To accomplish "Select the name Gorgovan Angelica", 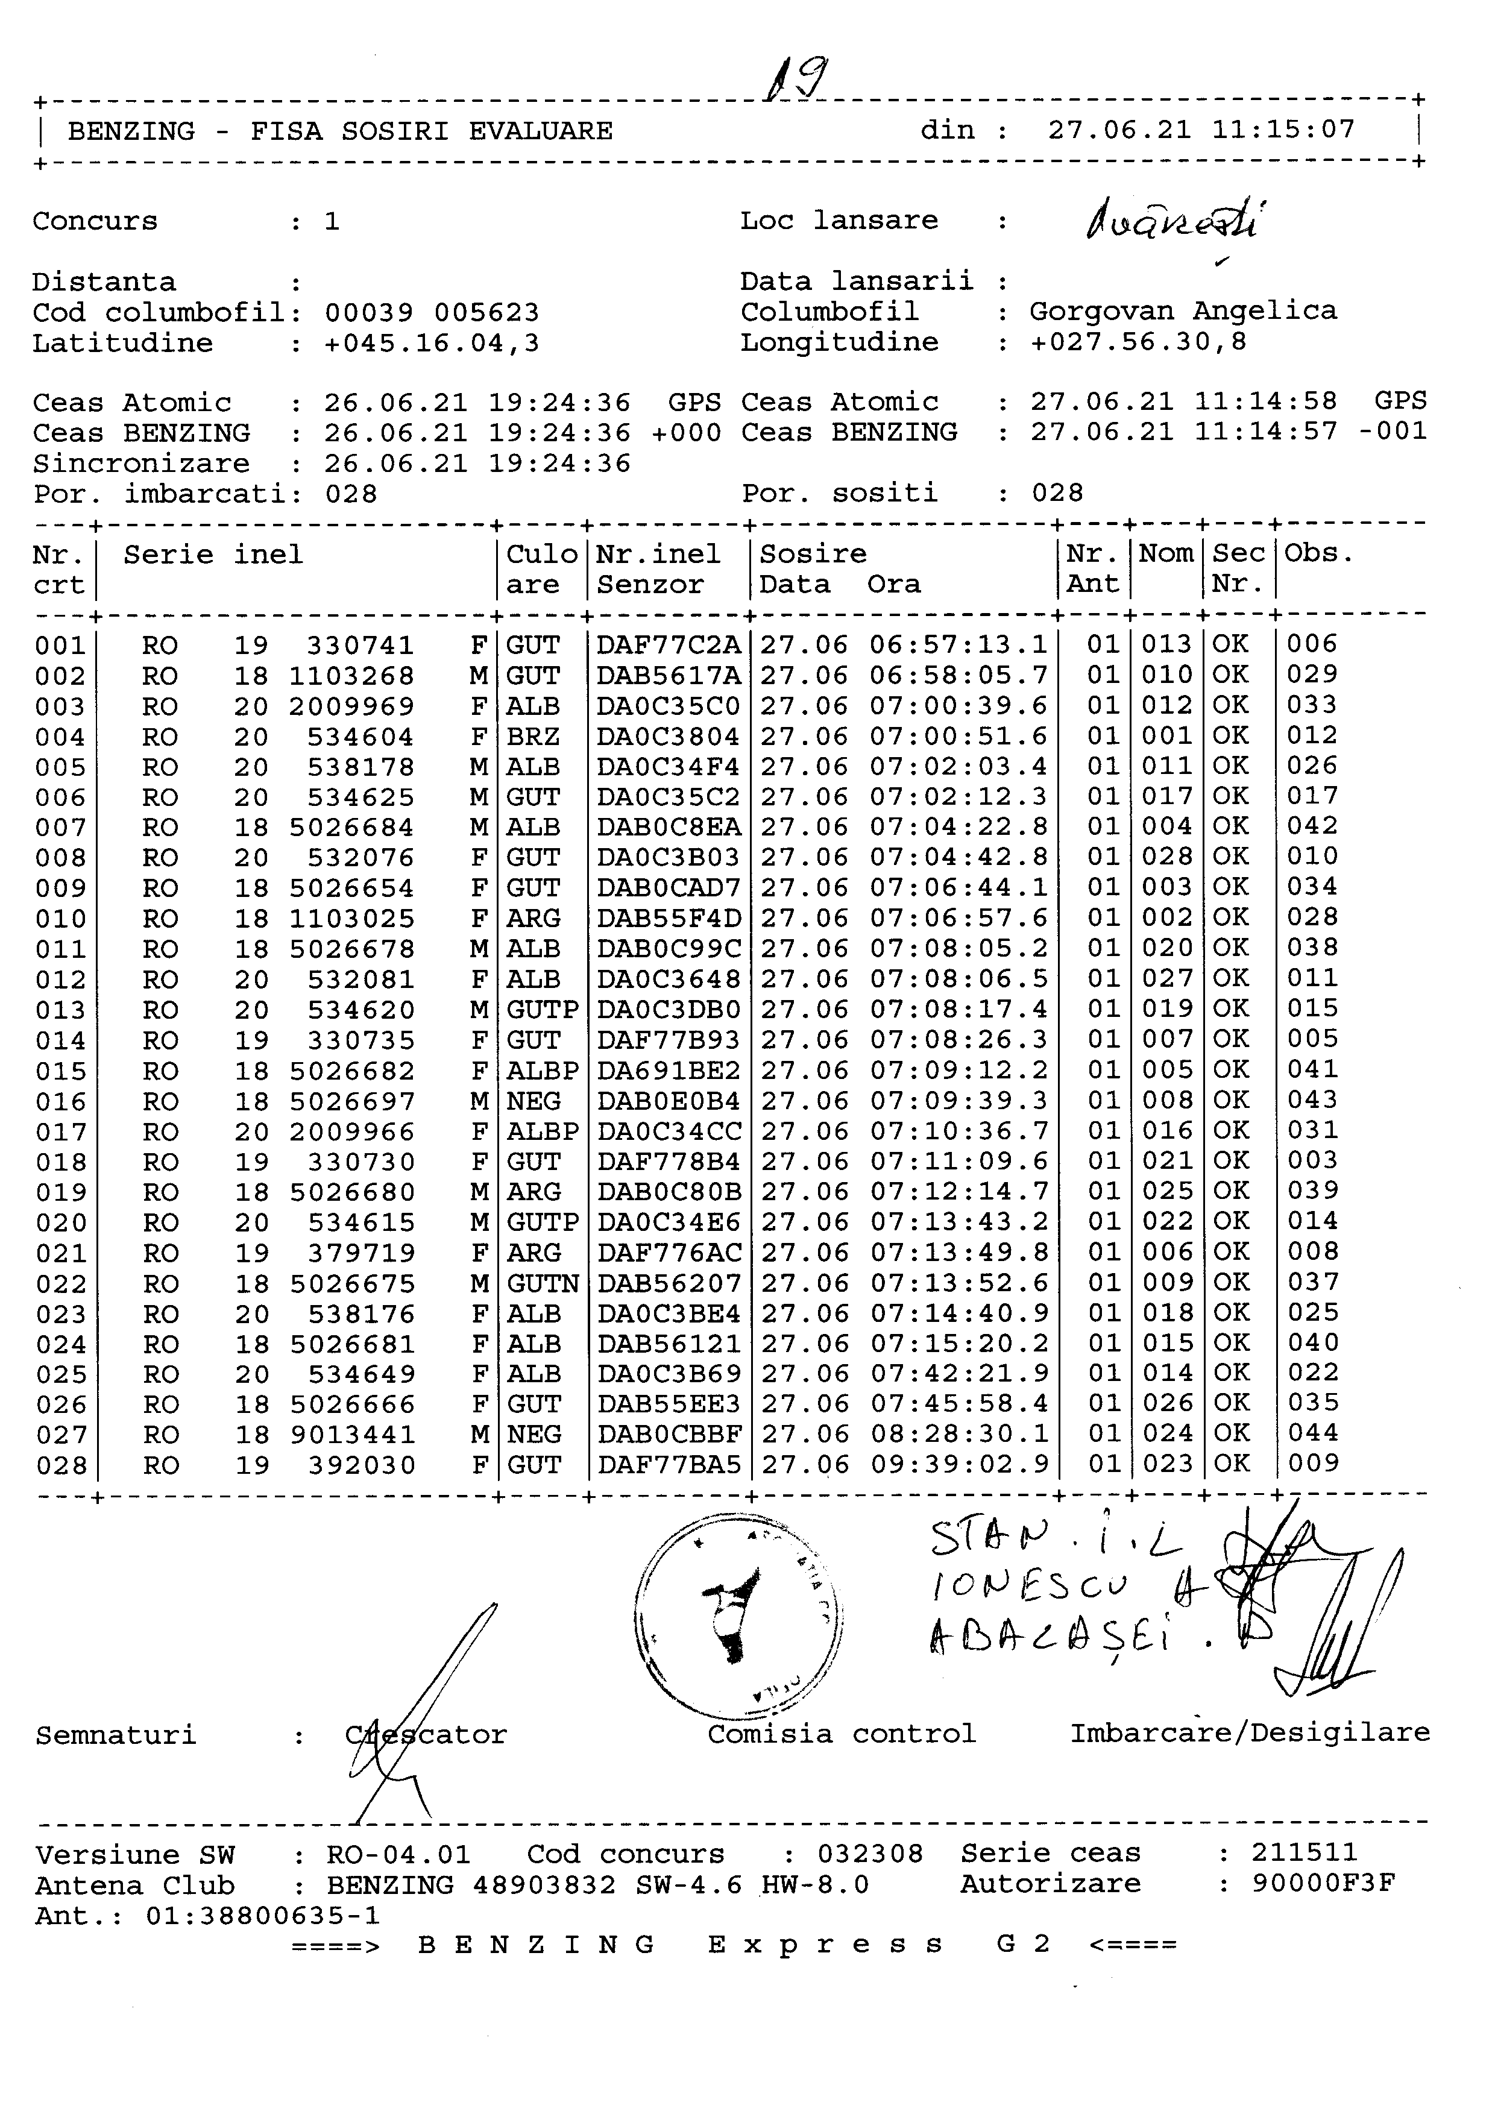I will tap(1183, 311).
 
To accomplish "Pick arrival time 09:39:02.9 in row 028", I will tap(958, 1464).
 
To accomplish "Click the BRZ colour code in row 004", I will tap(533, 737).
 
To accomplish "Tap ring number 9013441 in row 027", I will tap(353, 1435).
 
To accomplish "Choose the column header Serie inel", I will tap(213, 555).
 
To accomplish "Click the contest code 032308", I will tap(870, 1854).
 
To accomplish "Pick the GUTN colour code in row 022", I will tap(542, 1283).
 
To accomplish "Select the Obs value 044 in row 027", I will tap(1313, 1433).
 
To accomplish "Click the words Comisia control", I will tap(842, 1734).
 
